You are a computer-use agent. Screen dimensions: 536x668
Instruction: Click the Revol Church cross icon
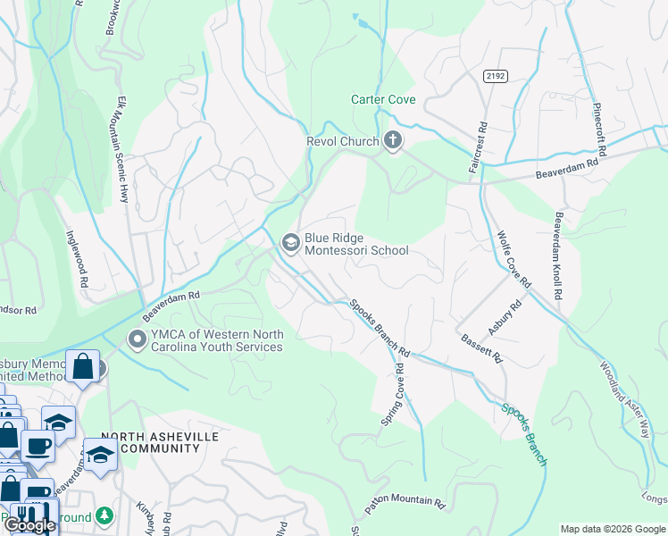[392, 139]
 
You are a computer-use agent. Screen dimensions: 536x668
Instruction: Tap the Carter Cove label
[383, 100]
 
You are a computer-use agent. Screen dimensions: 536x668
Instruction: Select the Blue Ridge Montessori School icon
[290, 242]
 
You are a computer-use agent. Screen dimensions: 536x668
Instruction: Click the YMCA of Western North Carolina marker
[137, 339]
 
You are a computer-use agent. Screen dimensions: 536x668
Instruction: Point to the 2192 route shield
[497, 77]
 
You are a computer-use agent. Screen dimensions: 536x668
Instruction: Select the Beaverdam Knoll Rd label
[558, 255]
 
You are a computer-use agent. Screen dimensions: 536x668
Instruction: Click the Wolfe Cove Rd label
[513, 257]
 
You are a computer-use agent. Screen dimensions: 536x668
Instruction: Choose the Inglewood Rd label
[77, 259]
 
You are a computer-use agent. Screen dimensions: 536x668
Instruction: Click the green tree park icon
[104, 515]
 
